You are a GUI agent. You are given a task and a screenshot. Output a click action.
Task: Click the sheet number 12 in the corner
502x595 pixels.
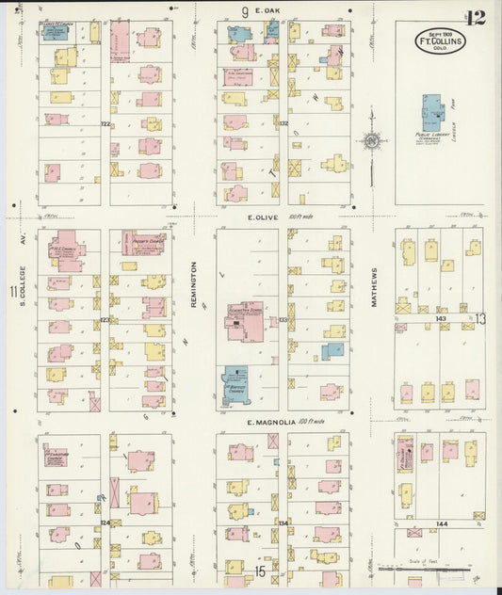(475, 16)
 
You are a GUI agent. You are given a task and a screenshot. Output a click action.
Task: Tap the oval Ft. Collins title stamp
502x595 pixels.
(440, 40)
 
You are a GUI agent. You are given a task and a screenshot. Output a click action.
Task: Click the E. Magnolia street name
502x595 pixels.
(274, 423)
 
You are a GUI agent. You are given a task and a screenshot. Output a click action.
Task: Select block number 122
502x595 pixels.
(105, 123)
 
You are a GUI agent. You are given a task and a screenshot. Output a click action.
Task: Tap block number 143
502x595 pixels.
(441, 318)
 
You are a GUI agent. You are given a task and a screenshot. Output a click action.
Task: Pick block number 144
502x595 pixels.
(441, 523)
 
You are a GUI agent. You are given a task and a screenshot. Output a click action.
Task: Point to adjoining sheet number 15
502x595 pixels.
(260, 571)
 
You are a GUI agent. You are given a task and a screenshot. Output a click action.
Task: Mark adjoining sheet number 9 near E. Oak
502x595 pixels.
(244, 12)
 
